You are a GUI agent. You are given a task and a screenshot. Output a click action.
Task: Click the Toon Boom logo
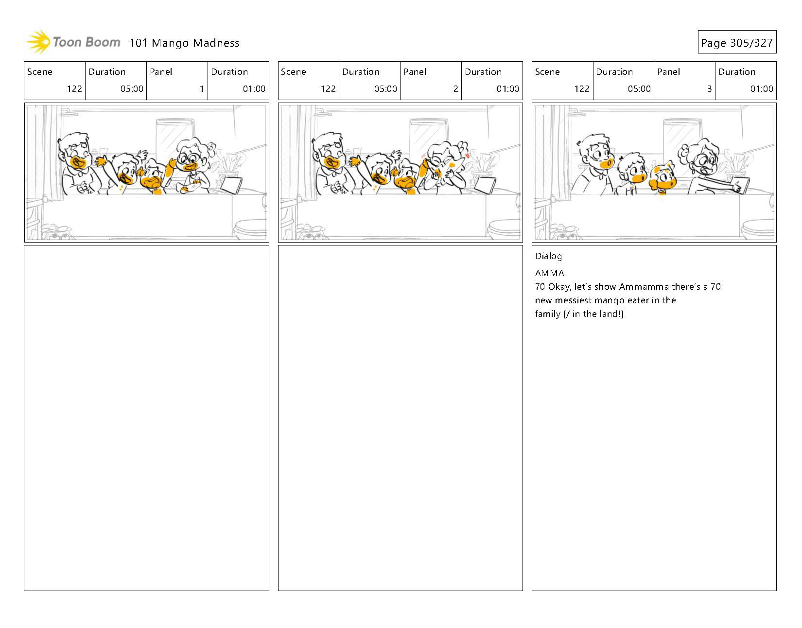coord(73,42)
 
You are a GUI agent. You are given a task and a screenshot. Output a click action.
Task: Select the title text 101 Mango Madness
coord(184,43)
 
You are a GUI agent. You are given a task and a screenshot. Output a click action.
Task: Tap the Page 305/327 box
coord(737,42)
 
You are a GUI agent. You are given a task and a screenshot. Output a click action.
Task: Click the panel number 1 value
coord(202,88)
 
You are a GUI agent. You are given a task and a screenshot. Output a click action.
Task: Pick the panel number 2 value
coord(456,88)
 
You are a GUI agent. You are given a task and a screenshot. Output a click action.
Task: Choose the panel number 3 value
coord(709,88)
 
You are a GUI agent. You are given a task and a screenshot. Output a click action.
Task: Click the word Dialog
coord(548,256)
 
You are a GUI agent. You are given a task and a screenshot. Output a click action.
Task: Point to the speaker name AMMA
coord(550,273)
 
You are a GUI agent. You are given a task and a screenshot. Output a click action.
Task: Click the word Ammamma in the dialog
coord(644,287)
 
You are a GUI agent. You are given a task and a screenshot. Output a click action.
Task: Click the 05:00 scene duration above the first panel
coord(132,88)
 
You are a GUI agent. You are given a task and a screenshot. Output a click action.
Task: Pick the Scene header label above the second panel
coord(294,71)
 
